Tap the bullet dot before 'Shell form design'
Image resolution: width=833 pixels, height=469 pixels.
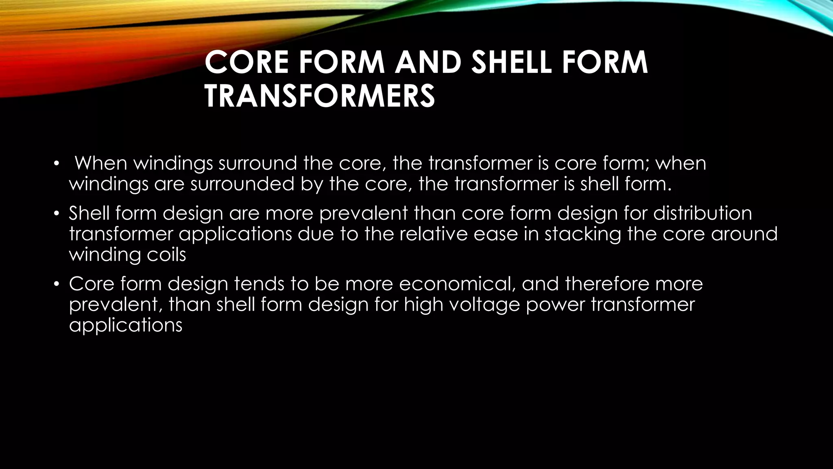(x=57, y=214)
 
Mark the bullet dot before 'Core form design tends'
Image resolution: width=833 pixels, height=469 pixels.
(x=57, y=284)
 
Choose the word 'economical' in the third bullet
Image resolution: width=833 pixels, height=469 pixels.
(x=457, y=284)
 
